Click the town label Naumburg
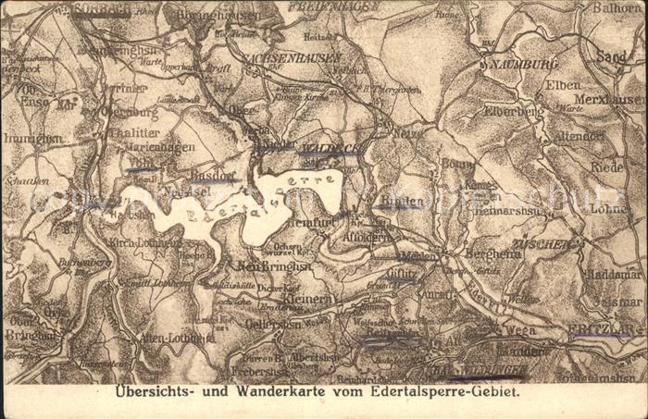point(519,65)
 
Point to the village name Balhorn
point(617,8)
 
